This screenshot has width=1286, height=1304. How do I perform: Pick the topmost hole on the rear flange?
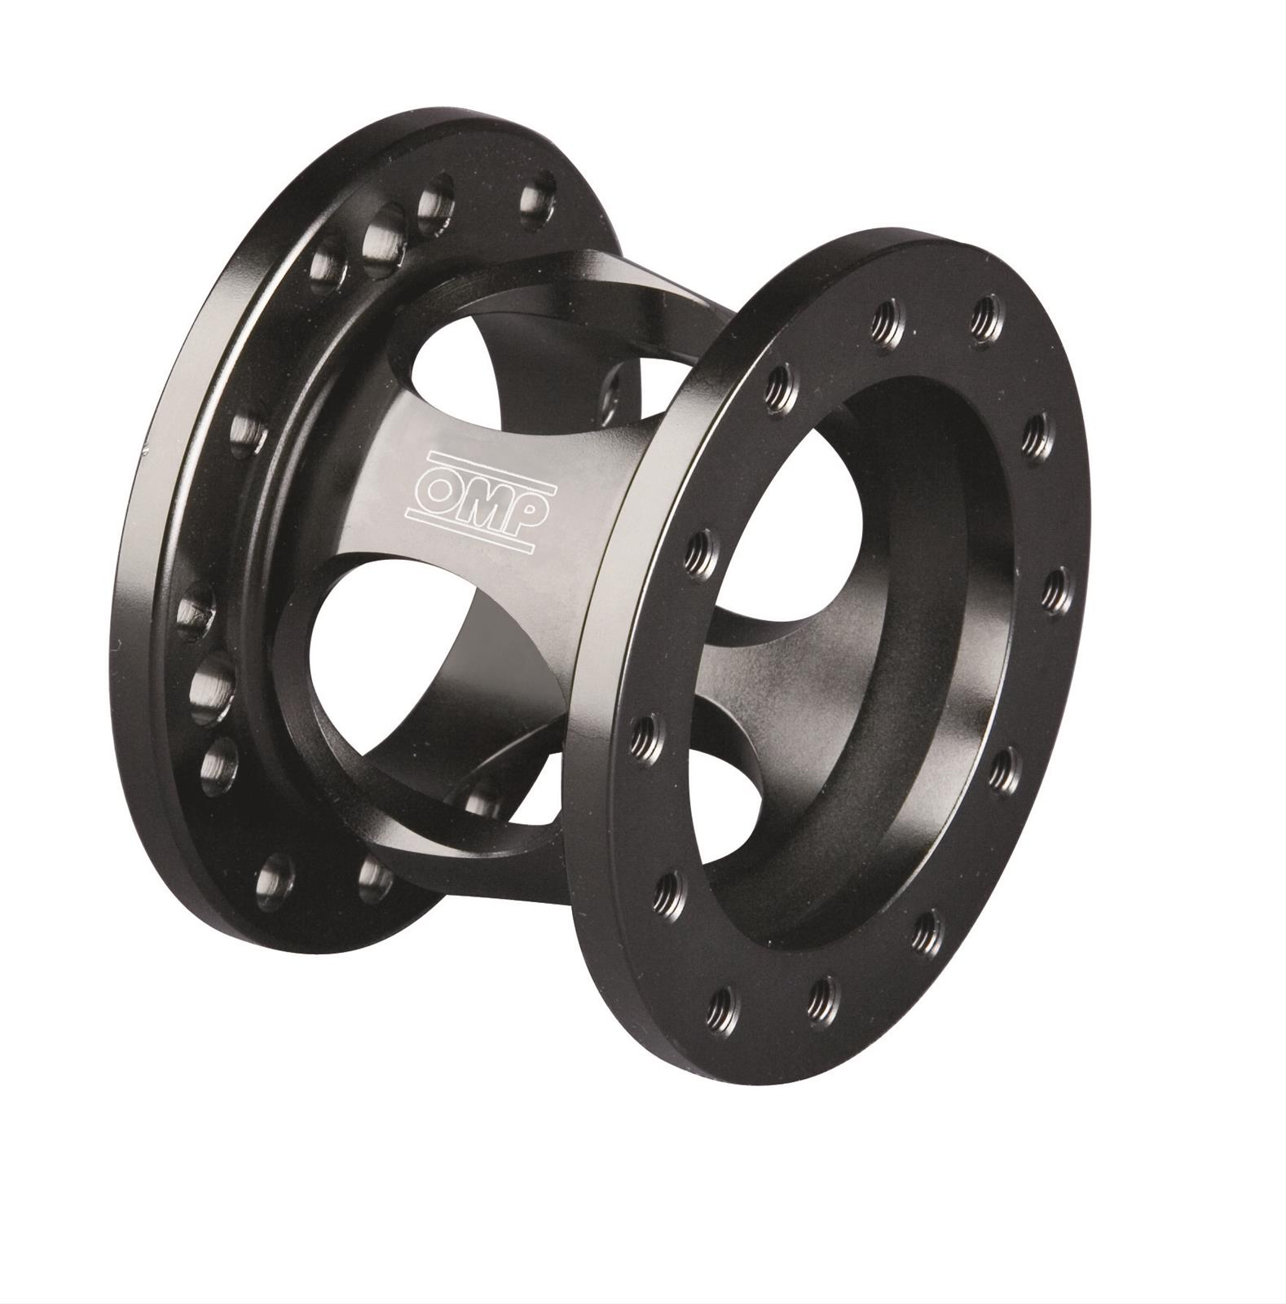click(537, 198)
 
